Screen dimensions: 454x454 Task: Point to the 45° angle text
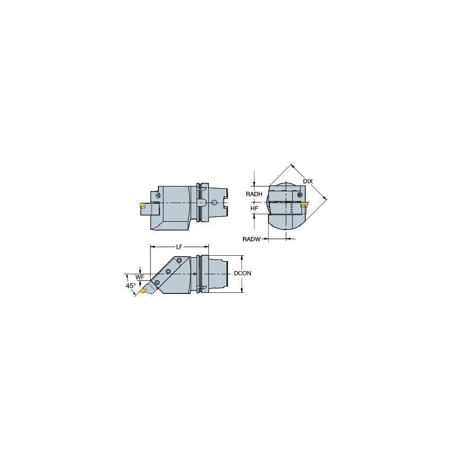pos(130,286)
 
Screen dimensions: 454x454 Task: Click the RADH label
pos(254,195)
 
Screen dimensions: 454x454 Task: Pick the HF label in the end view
pos(255,209)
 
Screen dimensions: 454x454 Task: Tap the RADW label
pos(251,240)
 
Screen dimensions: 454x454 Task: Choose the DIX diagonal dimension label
pos(307,182)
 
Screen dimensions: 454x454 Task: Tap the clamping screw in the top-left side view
pos(157,196)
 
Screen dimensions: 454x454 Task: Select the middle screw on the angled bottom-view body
pos(168,272)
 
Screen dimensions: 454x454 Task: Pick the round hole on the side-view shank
pos(214,203)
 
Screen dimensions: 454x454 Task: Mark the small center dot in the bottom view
pos(195,274)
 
